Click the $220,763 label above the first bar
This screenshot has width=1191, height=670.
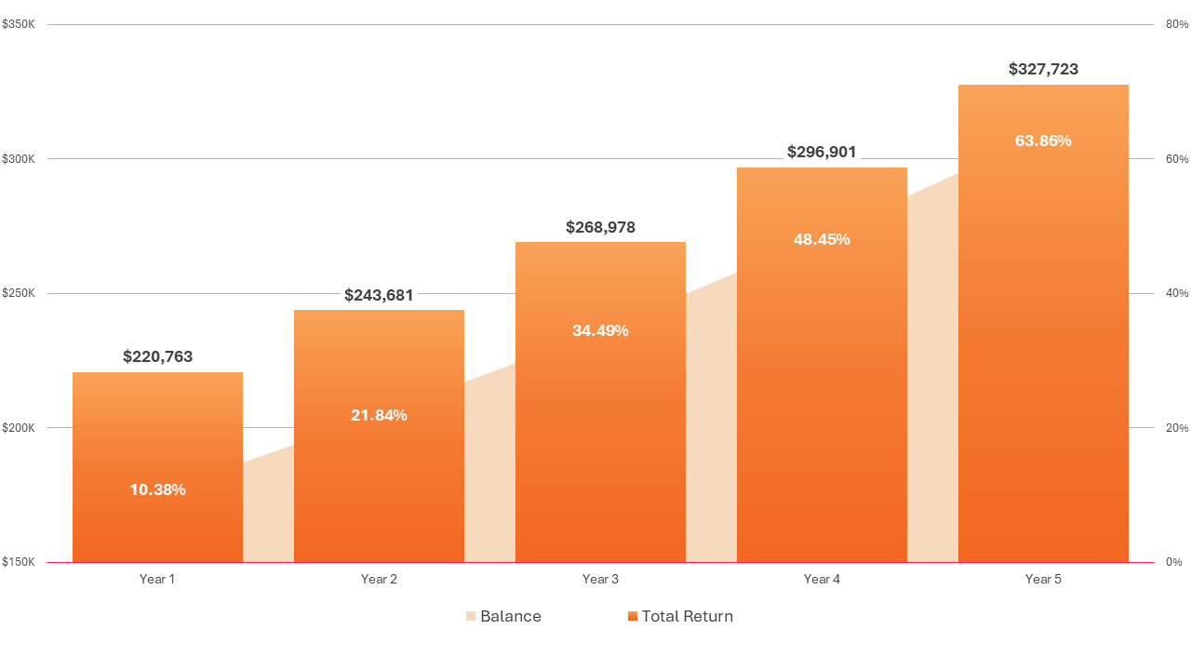pyautogui.click(x=157, y=356)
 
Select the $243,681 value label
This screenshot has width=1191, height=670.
pyautogui.click(x=379, y=295)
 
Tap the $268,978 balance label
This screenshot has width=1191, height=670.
pyautogui.click(x=600, y=227)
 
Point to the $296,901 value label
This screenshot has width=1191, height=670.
pyautogui.click(x=822, y=152)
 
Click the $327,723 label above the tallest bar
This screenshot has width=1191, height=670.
pyautogui.click(x=1043, y=69)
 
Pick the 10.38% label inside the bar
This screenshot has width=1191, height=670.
pyautogui.click(x=157, y=489)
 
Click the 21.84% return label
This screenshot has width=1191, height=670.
pyautogui.click(x=379, y=415)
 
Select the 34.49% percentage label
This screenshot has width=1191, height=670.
pyautogui.click(x=600, y=330)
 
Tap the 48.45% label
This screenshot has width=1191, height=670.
pyautogui.click(x=822, y=239)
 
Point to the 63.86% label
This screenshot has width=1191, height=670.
pyautogui.click(x=1043, y=141)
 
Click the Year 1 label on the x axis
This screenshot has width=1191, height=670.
pyautogui.click(x=157, y=579)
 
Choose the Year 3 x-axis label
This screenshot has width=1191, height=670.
pyautogui.click(x=600, y=579)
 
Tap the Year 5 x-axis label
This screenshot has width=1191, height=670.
pyautogui.click(x=1043, y=579)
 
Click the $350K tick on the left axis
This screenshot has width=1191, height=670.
pyautogui.click(x=19, y=24)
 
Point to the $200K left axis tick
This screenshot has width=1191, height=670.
pyautogui.click(x=19, y=428)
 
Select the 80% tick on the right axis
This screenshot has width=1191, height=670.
pyautogui.click(x=1177, y=24)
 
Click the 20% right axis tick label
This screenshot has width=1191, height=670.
pyautogui.click(x=1177, y=428)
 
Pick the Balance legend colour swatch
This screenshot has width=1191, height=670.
pyautogui.click(x=471, y=616)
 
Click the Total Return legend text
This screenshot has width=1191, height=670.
pyautogui.click(x=687, y=616)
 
